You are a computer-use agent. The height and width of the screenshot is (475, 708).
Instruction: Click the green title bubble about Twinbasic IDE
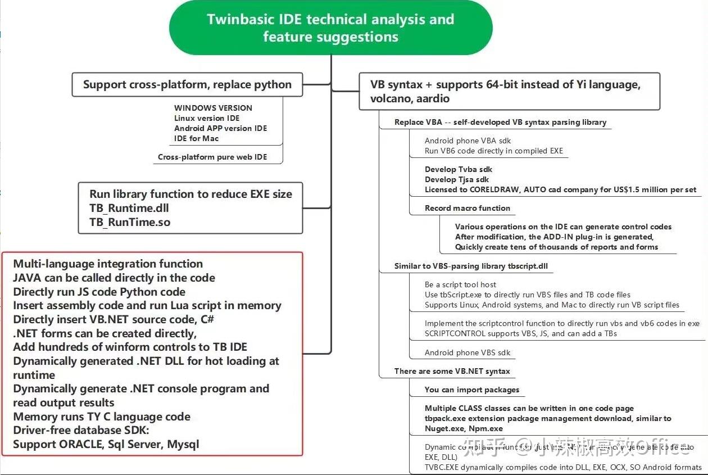pos(330,28)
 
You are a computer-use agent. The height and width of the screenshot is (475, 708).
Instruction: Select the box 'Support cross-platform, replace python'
pos(187,85)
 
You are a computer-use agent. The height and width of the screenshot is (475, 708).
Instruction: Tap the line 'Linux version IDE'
pos(207,118)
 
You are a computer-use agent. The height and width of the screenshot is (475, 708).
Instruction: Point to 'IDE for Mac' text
pos(196,138)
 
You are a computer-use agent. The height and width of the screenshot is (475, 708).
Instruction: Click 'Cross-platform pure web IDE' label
pos(212,157)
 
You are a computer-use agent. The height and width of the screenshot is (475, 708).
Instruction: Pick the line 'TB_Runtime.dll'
pos(129,208)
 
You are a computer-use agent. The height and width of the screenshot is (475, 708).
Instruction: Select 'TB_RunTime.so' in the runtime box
pos(130,222)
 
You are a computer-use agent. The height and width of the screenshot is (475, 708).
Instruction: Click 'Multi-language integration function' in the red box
pos(108,264)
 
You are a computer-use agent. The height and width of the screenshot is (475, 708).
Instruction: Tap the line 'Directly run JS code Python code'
pos(99,292)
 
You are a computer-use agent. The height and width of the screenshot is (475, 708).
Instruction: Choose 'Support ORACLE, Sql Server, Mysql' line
pos(106,444)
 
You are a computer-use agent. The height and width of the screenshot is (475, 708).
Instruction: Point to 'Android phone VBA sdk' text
pos(468,141)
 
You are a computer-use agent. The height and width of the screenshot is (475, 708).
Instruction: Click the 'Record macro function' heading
pos(468,208)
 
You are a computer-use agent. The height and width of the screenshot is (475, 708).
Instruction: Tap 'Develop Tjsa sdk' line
pos(457,179)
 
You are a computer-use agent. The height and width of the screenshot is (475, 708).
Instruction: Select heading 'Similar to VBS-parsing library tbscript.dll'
pos(471,266)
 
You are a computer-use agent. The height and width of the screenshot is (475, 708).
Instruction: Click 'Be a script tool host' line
pos(460,284)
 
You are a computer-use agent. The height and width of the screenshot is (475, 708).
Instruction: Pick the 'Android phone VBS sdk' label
pos(468,352)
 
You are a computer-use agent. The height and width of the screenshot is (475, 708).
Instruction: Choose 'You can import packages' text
pos(472,390)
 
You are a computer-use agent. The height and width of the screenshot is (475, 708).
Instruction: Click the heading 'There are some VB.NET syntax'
pos(452,371)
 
